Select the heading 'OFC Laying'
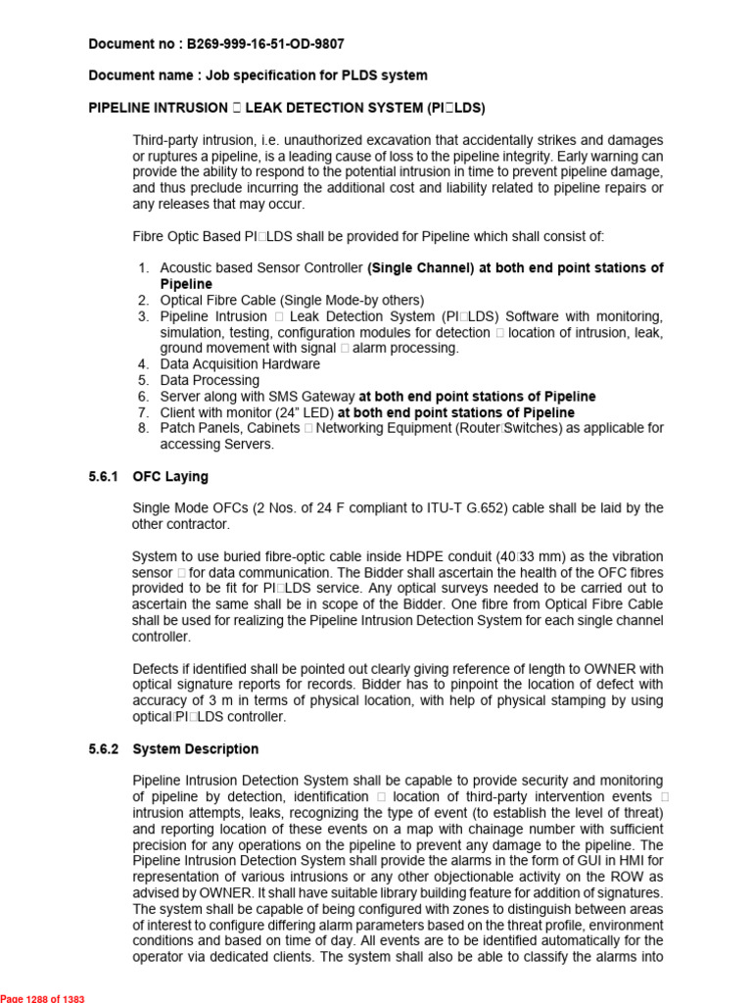pyautogui.click(x=170, y=477)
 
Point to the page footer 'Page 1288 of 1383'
pyautogui.click(x=43, y=998)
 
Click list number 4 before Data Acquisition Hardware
pyautogui.click(x=143, y=364)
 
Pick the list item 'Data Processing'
pyautogui.click(x=210, y=380)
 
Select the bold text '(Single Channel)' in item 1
pyautogui.click(x=420, y=268)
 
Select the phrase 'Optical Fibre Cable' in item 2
pyautogui.click(x=220, y=300)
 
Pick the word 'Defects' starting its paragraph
pyautogui.click(x=157, y=669)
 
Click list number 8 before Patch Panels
pyautogui.click(x=143, y=428)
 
